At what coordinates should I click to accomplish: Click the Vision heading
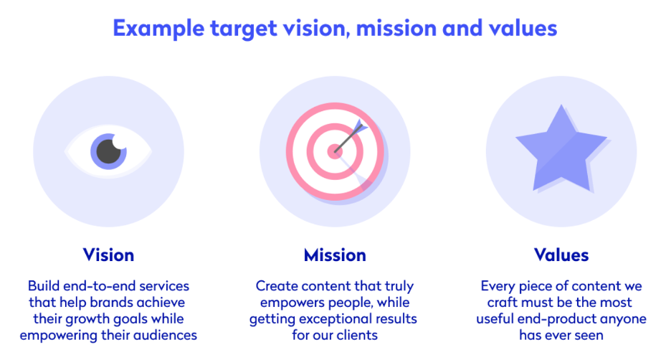[x=108, y=255]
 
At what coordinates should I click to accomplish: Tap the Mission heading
[x=335, y=255]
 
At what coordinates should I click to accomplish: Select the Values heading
[x=561, y=255]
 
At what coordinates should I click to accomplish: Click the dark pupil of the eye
[x=108, y=151]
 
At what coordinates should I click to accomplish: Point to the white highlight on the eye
[x=120, y=141]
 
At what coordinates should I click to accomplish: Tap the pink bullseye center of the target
[x=335, y=151]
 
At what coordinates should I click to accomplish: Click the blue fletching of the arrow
[x=361, y=127]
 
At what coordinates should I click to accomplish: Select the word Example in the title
[x=158, y=29]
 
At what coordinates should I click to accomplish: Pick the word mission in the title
[x=396, y=28]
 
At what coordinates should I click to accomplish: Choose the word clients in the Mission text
[x=357, y=335]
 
